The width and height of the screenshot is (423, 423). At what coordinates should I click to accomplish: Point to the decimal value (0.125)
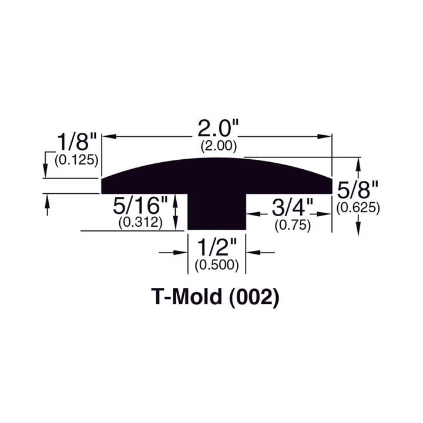pyautogui.click(x=76, y=159)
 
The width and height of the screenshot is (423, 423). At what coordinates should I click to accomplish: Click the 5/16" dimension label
pyautogui.click(x=141, y=207)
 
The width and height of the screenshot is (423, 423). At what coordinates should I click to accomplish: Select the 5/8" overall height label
pyautogui.click(x=358, y=190)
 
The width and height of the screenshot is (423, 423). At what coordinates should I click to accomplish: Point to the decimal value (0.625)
pyautogui.click(x=358, y=207)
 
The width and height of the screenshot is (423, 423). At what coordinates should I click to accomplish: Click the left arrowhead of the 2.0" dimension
pyautogui.click(x=108, y=136)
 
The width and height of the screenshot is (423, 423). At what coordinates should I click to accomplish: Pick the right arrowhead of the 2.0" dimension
pyautogui.click(x=327, y=136)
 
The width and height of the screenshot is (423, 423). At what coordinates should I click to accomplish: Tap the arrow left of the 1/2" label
pyautogui.click(x=182, y=253)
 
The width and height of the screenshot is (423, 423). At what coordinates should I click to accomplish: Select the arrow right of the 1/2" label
pyautogui.click(x=251, y=253)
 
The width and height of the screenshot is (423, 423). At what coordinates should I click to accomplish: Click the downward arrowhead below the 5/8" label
pyautogui.click(x=358, y=230)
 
